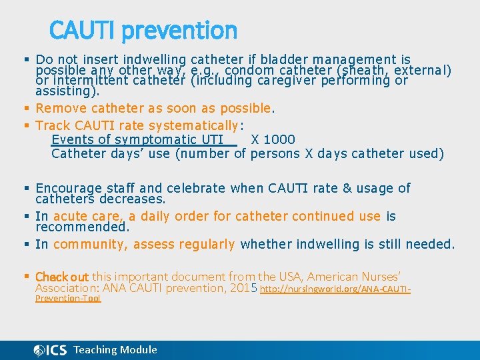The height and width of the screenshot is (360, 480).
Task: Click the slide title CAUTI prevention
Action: coord(143,31)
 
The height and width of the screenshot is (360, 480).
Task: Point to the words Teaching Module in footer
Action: coord(115,349)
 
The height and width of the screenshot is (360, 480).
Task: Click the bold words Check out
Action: coord(62,276)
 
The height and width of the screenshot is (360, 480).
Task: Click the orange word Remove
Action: coord(57,108)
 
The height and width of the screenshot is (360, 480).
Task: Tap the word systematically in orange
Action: coord(193,125)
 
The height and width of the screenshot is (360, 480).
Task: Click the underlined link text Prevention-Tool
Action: coord(68,299)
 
